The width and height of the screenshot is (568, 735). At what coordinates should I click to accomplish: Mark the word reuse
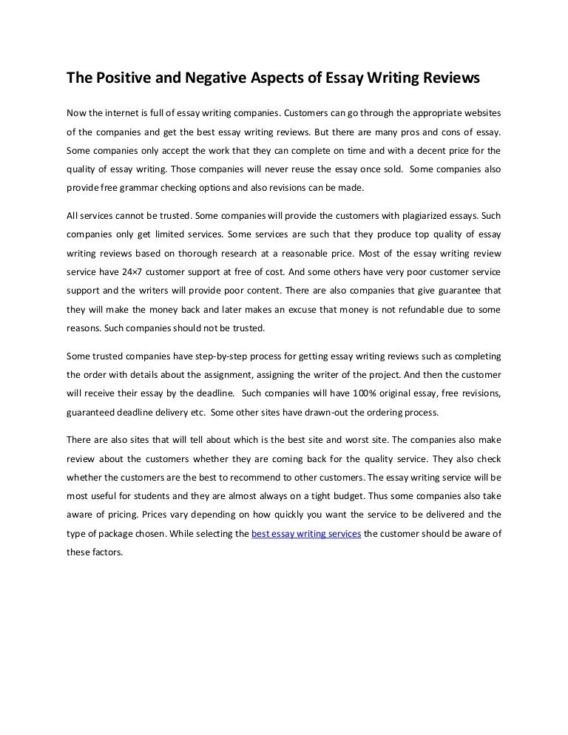point(297,169)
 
